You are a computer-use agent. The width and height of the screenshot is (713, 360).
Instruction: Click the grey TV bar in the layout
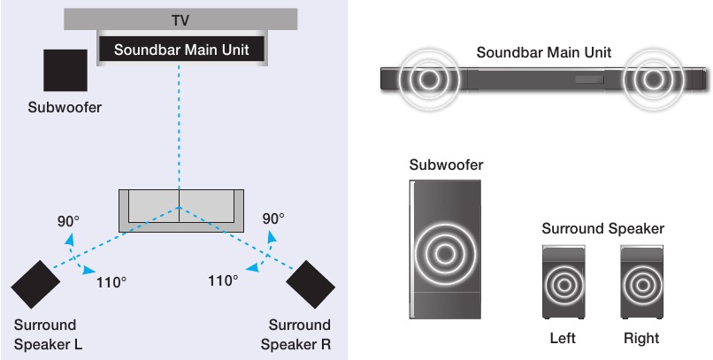180,19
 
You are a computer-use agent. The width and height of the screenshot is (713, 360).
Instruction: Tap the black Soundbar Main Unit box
181,49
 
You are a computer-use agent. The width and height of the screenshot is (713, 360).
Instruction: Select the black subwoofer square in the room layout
65,71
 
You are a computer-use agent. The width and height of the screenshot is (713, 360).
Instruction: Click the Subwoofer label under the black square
65,108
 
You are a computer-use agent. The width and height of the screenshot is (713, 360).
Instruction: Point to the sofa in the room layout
181,211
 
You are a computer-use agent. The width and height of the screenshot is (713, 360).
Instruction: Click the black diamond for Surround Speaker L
35,285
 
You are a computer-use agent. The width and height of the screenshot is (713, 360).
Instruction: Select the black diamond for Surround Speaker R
310,285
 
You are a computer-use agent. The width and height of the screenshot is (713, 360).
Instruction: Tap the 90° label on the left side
68,221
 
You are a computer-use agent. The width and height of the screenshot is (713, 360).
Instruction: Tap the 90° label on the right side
273,218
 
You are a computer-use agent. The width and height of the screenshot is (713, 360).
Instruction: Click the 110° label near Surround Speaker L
111,283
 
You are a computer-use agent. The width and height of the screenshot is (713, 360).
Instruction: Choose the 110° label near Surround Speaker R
223,280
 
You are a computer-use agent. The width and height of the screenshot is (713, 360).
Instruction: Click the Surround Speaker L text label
48,335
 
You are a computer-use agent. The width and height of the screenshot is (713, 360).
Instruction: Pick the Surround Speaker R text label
296,335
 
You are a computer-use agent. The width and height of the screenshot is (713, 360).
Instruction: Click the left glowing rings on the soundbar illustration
428,80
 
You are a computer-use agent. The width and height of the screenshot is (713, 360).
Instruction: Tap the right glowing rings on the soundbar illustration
654,80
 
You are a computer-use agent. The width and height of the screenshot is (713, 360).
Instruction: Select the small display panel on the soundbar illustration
589,80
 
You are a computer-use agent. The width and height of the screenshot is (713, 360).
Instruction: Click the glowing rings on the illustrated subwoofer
446,254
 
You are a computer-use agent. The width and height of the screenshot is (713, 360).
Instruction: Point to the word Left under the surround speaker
563,338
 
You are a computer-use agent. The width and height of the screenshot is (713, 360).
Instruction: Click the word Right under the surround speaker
641,338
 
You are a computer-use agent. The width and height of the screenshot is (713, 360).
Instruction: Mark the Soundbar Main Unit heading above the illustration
544,52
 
